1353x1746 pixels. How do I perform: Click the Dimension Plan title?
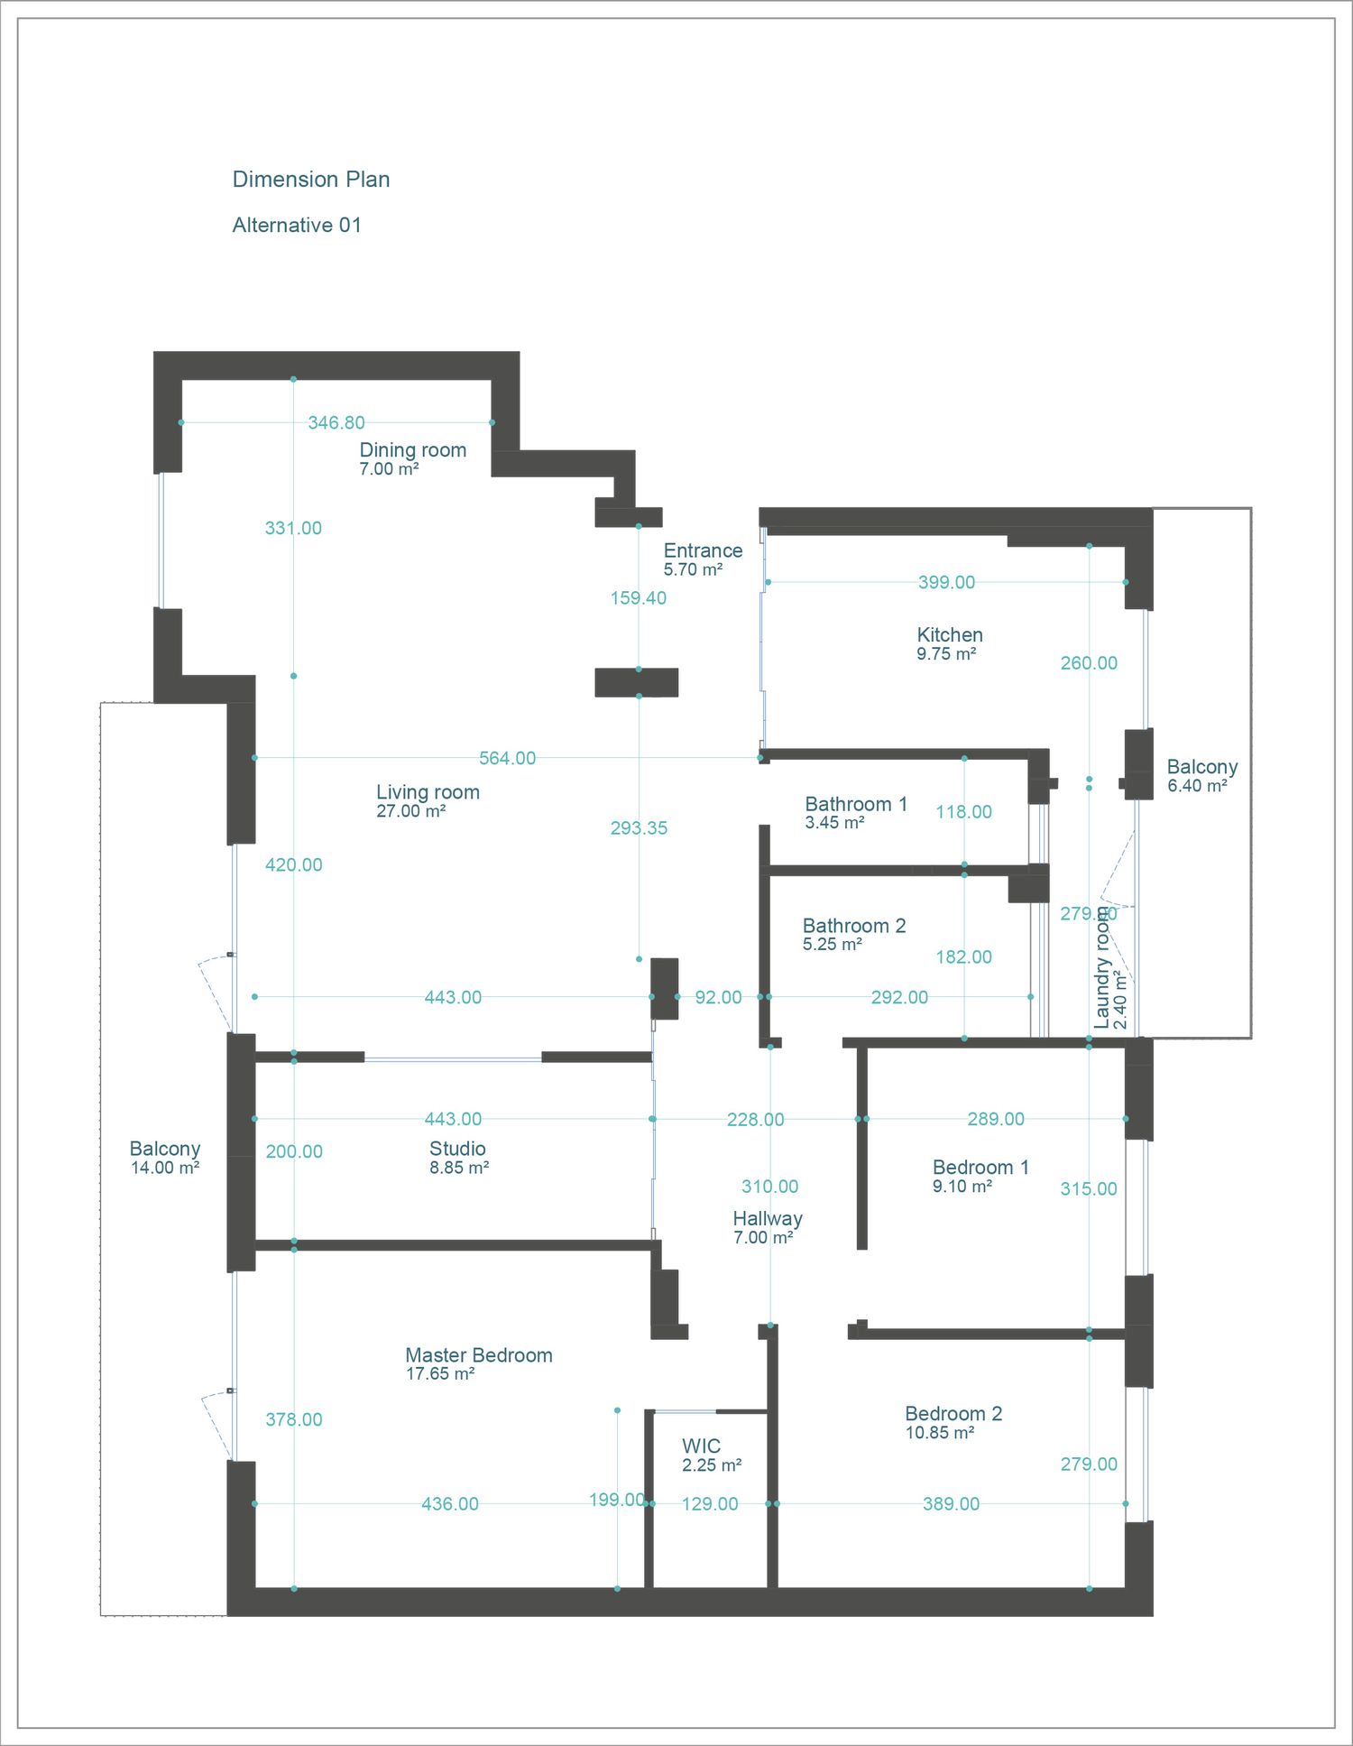click(311, 180)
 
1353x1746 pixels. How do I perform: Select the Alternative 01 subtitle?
click(297, 226)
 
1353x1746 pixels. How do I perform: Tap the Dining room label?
click(413, 450)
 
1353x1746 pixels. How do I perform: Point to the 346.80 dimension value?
click(336, 422)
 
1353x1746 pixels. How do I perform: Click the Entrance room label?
click(704, 550)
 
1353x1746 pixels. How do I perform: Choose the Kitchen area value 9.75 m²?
click(946, 654)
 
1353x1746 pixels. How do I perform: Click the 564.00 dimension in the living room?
click(507, 758)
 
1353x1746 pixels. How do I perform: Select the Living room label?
click(428, 792)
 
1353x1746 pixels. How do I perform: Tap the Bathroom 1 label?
click(856, 804)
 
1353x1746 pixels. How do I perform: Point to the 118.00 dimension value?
click(963, 812)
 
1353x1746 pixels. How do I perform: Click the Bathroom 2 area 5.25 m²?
click(833, 945)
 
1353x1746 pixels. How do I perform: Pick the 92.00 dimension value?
click(718, 997)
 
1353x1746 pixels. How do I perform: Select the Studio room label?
click(457, 1149)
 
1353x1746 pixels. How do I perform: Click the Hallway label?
click(768, 1219)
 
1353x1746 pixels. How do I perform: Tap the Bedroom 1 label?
click(980, 1168)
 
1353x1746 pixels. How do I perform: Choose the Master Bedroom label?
click(479, 1355)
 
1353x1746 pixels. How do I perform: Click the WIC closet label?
click(702, 1446)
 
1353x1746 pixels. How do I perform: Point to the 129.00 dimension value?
click(710, 1504)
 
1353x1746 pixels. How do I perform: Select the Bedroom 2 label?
click(953, 1414)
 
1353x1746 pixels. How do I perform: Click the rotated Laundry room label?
click(1102, 968)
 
